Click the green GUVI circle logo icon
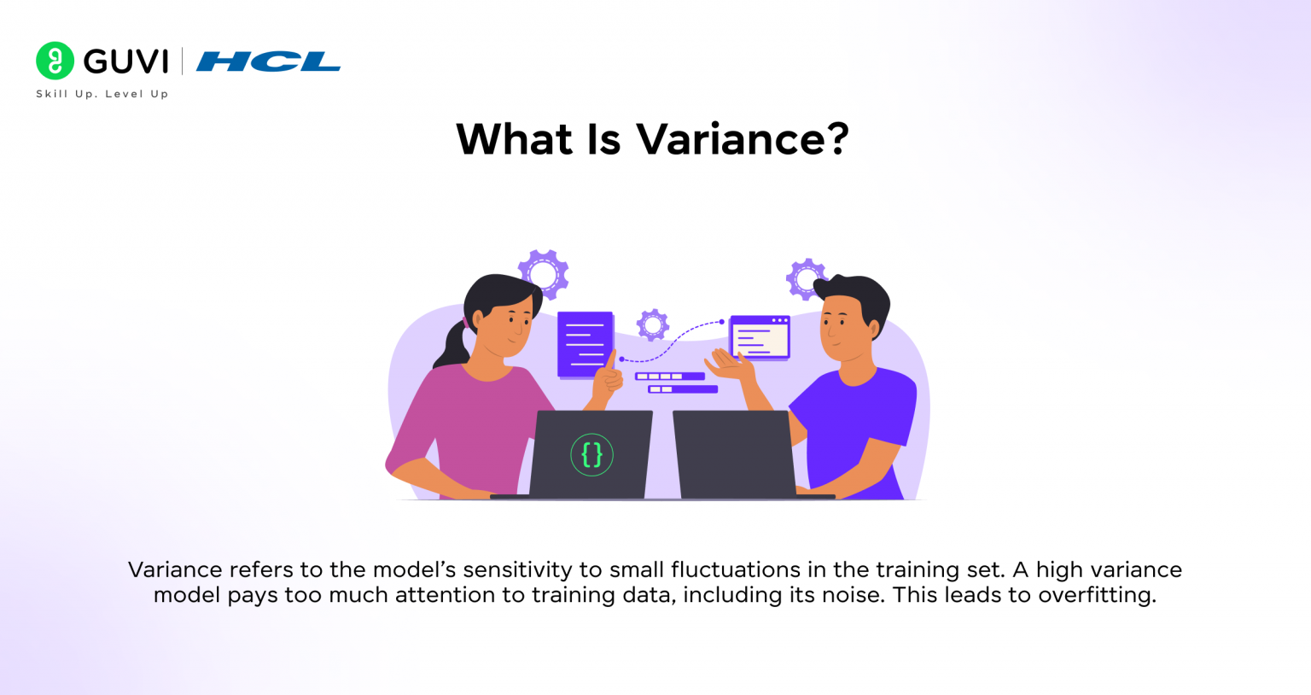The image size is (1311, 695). [55, 61]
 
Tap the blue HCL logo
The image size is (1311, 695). [268, 61]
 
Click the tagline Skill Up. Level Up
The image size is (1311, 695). [102, 94]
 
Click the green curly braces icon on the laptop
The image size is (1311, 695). [591, 454]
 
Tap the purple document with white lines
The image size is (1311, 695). [586, 344]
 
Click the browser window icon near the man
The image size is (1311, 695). [760, 336]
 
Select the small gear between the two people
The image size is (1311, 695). [653, 324]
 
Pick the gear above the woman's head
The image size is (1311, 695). [544, 273]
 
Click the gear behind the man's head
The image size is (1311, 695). [804, 278]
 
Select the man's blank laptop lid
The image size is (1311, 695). [735, 453]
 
